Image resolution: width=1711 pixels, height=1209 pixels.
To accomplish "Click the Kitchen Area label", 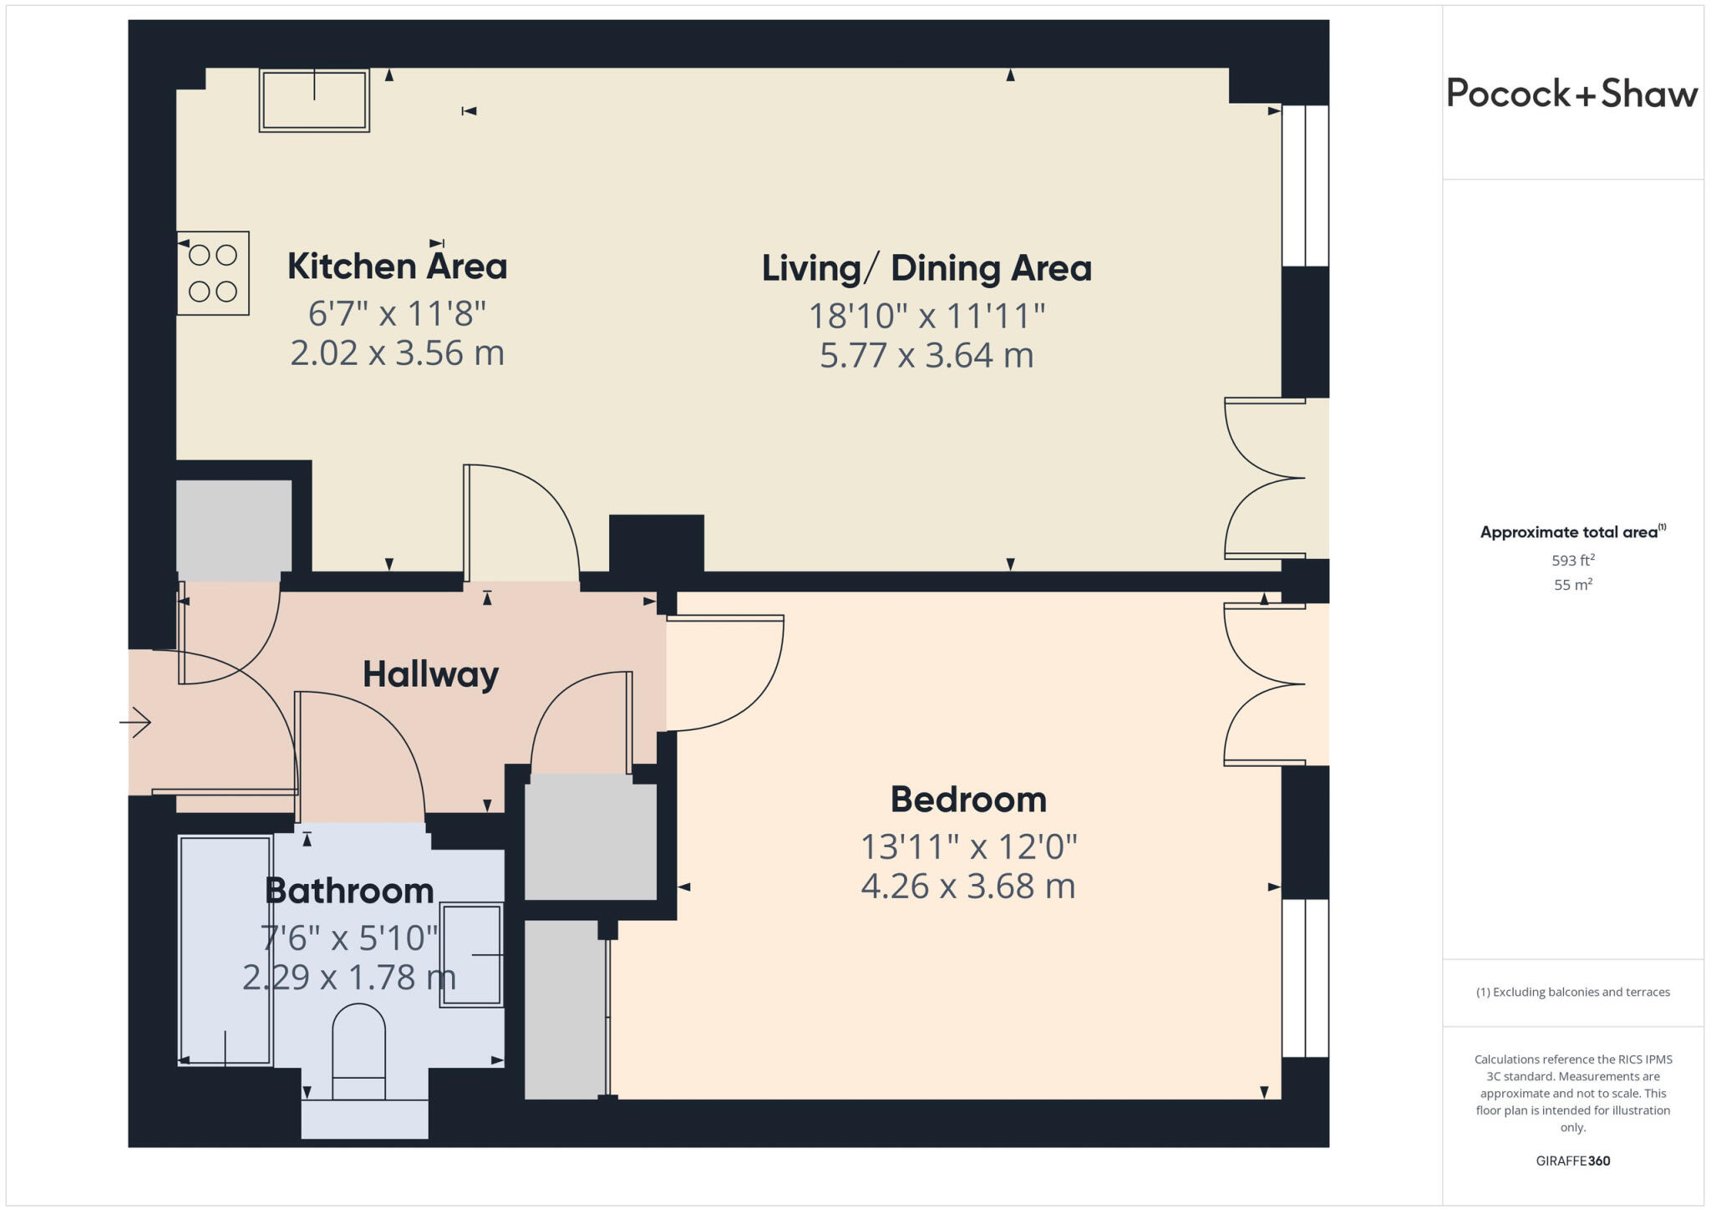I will (397, 267).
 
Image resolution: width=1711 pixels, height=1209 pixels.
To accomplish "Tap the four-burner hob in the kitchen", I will (213, 273).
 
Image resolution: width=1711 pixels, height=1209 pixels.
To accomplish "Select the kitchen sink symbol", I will (314, 100).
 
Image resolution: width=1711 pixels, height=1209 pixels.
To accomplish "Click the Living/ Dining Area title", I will (927, 268).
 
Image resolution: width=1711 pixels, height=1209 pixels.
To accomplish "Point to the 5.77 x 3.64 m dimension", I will (927, 355).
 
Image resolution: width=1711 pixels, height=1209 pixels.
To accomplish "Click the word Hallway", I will (430, 674).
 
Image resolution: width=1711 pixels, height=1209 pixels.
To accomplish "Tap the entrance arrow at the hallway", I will (135, 722).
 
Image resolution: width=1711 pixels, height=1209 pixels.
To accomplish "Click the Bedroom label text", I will (968, 800).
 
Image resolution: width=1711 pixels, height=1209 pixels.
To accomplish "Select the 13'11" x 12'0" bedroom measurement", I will (968, 847).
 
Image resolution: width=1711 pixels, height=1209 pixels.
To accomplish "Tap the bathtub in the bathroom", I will (226, 951).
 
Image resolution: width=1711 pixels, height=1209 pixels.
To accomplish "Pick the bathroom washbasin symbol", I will (471, 954).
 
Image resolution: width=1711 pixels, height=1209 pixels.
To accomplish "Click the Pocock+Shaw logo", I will (1571, 94).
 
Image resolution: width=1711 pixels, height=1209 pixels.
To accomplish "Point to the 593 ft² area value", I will (1572, 561).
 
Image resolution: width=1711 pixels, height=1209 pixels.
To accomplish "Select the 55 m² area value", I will (1572, 585).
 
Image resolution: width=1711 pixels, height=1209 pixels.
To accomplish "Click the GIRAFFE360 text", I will (1572, 1161).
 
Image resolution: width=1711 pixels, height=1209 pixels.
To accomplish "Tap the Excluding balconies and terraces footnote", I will (1572, 993).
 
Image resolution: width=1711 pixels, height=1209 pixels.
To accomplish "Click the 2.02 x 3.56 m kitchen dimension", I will (397, 353).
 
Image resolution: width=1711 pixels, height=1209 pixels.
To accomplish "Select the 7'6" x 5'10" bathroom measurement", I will (349, 938).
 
